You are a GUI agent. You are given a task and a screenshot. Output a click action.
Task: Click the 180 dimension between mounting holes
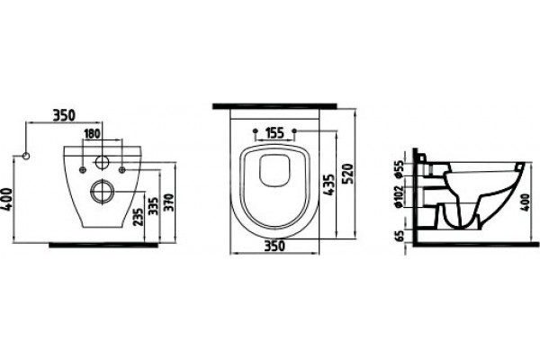click(x=92, y=133)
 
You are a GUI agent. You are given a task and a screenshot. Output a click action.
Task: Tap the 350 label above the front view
click(x=64, y=115)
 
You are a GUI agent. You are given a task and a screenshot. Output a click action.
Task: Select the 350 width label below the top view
click(x=274, y=246)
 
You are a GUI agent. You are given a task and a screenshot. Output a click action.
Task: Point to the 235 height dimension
click(x=139, y=217)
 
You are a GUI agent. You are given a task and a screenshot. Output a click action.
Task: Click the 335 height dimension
click(x=153, y=206)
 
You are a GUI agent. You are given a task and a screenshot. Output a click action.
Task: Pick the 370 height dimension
click(x=169, y=203)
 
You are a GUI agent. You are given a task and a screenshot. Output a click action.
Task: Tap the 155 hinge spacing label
click(x=274, y=132)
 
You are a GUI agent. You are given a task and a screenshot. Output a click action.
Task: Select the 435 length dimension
click(x=328, y=184)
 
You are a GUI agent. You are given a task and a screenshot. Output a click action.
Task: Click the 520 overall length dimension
click(x=348, y=175)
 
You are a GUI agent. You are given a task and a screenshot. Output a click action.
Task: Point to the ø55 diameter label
click(x=399, y=169)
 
